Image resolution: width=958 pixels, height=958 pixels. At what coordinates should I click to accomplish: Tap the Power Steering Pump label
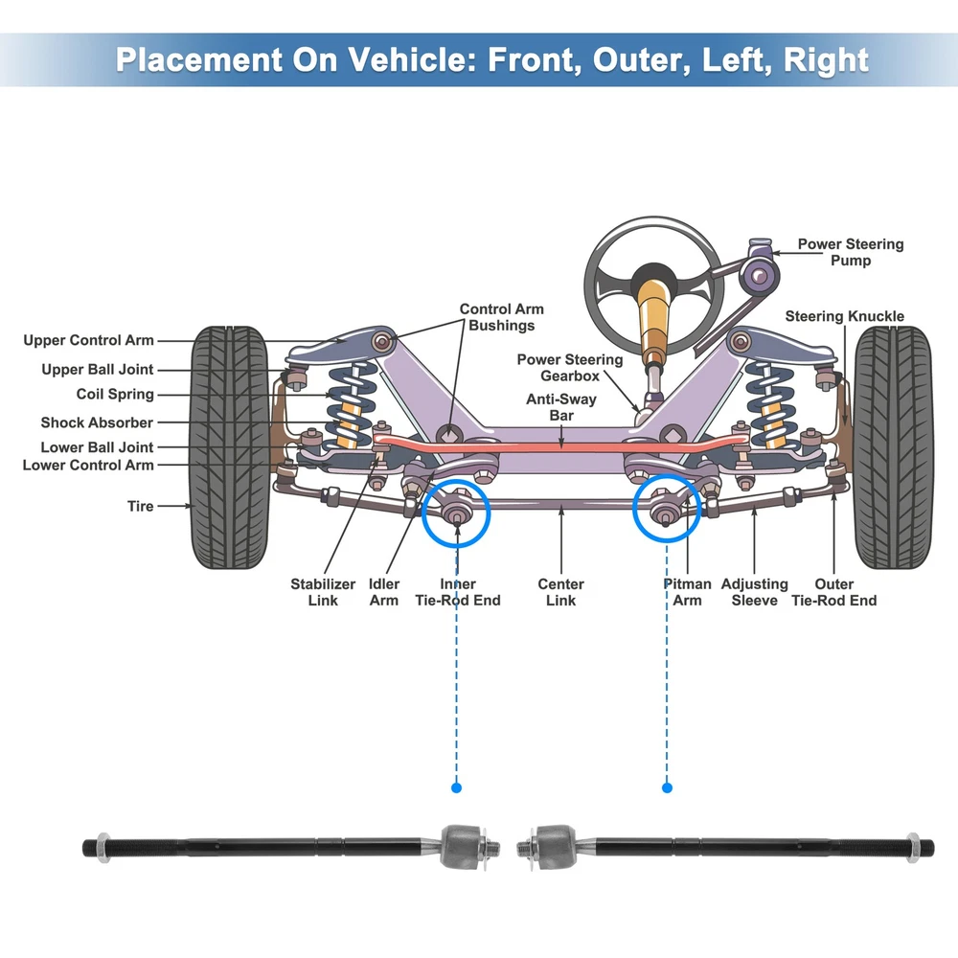pyautogui.click(x=850, y=252)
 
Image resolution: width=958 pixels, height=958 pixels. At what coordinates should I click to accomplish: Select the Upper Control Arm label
pyautogui.click(x=88, y=340)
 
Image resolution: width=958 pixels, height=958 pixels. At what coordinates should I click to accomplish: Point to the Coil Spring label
pyautogui.click(x=115, y=394)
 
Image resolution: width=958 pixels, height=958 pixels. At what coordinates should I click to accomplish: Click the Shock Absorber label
pyautogui.click(x=97, y=422)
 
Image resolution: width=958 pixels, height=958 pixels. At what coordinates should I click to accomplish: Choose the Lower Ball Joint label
pyautogui.click(x=97, y=447)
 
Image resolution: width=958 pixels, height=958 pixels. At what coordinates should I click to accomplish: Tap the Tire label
pyautogui.click(x=140, y=506)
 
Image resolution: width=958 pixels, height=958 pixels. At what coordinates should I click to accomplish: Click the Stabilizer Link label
pyautogui.click(x=323, y=592)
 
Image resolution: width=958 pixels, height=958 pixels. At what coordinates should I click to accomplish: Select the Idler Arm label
pyautogui.click(x=384, y=592)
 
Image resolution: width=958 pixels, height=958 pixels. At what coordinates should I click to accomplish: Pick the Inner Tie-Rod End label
pyautogui.click(x=457, y=592)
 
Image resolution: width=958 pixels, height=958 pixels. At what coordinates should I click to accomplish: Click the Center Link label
pyautogui.click(x=560, y=592)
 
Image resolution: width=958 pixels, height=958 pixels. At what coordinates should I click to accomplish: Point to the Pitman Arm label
pyautogui.click(x=687, y=592)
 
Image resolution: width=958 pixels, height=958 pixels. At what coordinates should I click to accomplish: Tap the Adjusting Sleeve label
pyautogui.click(x=754, y=592)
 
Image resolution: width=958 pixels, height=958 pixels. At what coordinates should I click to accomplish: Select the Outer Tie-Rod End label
pyautogui.click(x=833, y=592)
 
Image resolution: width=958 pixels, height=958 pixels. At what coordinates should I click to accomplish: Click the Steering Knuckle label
pyautogui.click(x=844, y=316)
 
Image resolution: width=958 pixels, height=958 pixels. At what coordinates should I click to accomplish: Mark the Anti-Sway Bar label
pyautogui.click(x=561, y=407)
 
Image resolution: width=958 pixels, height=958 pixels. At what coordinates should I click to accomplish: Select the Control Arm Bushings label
pyautogui.click(x=501, y=317)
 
